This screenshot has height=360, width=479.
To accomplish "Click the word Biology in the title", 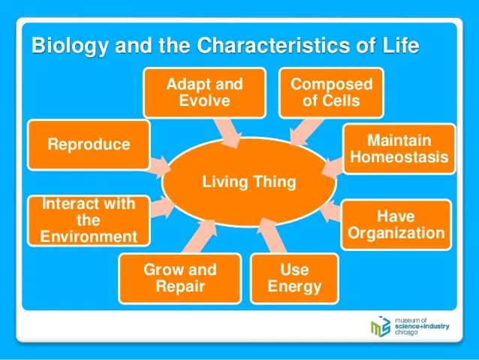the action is (x=70, y=46).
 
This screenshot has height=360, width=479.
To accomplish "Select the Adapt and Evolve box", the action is (x=204, y=92).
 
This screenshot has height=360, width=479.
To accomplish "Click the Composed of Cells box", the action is (x=331, y=92).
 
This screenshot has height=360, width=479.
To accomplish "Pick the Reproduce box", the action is (x=89, y=144).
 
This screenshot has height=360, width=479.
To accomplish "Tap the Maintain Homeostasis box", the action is (x=399, y=149).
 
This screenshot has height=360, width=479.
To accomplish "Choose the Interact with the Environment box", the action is (x=89, y=220).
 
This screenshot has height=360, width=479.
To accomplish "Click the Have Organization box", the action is (x=396, y=225).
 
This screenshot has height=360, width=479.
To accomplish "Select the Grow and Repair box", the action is (x=180, y=278).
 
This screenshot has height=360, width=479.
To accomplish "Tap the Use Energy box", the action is (x=294, y=278).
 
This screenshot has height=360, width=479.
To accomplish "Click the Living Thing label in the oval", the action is (x=249, y=182).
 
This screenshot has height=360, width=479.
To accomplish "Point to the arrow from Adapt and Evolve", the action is (x=228, y=133).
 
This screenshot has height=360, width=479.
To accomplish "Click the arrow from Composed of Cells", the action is (x=306, y=132).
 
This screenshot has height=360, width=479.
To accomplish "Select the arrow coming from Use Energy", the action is (x=271, y=235).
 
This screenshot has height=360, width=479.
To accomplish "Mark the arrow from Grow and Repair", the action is (x=201, y=236).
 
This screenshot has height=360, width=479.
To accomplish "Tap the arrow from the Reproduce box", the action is (x=160, y=167).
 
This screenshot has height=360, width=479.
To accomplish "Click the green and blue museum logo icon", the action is (x=381, y=326).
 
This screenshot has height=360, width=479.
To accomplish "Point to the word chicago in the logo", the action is (x=406, y=332).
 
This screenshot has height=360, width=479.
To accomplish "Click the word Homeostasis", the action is (x=399, y=157).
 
